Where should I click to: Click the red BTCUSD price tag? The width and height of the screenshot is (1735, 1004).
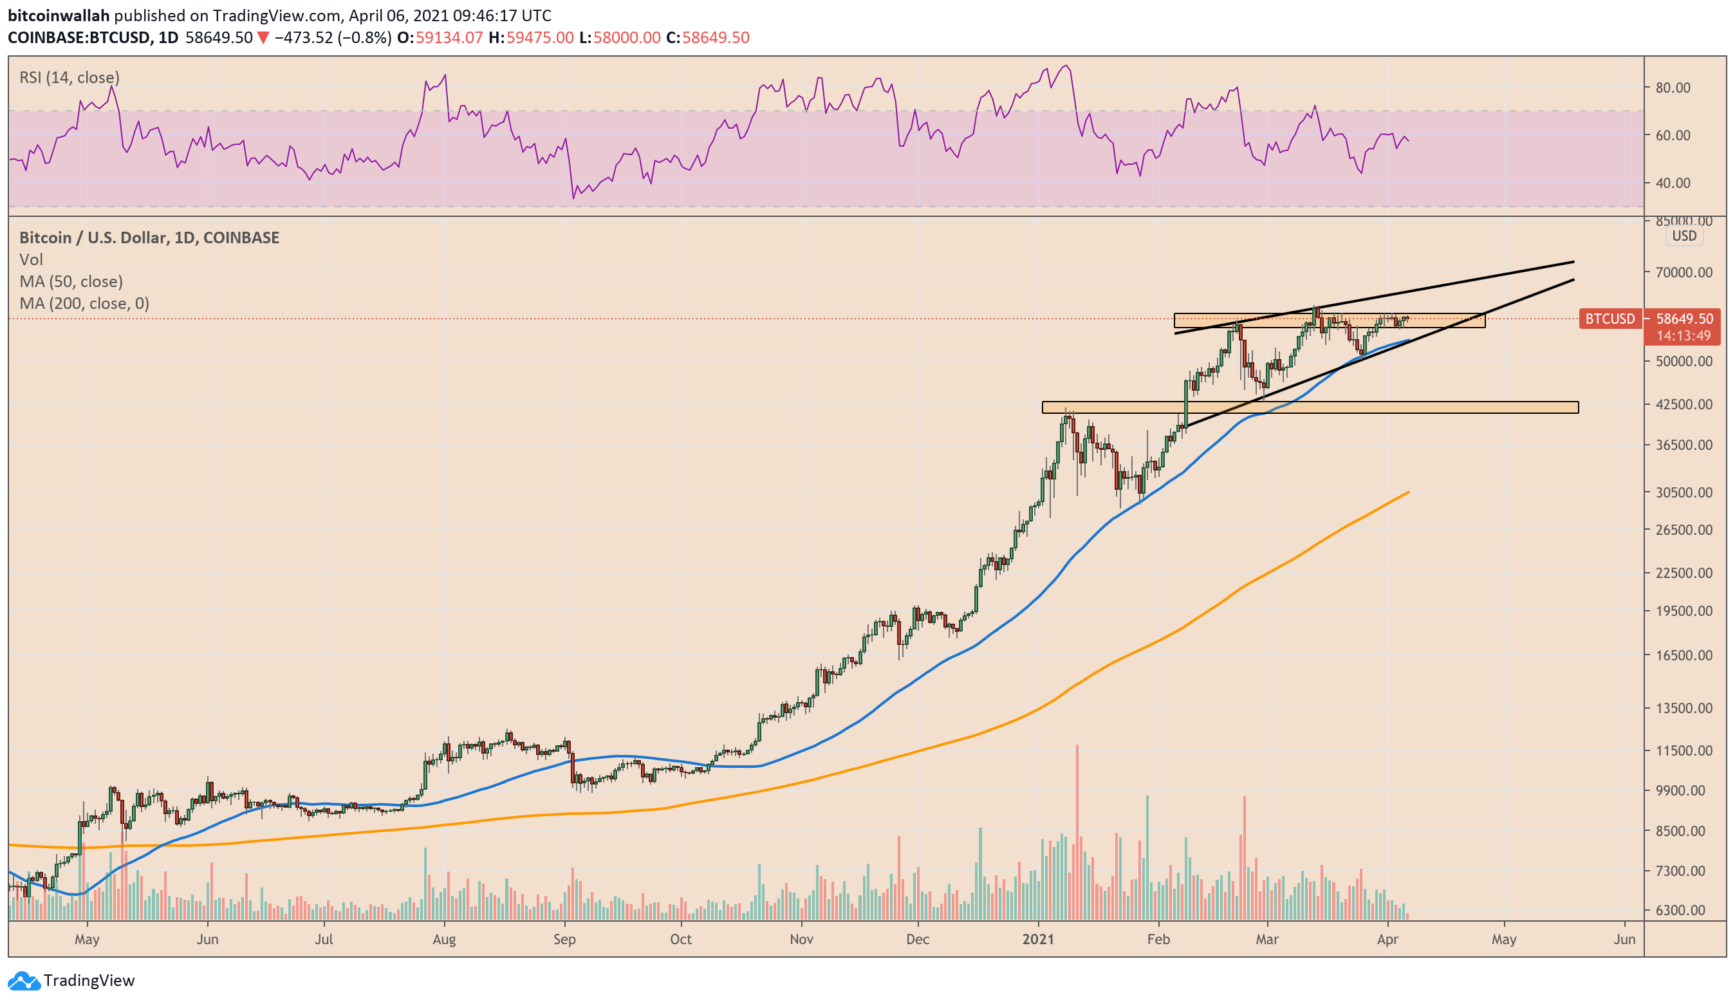(1610, 319)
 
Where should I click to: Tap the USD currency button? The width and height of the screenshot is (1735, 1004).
(1684, 236)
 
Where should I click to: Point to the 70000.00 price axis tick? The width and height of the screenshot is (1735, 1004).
(1684, 272)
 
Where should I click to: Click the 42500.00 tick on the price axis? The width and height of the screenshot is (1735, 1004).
(1684, 404)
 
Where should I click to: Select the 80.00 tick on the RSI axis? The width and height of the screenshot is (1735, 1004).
(1673, 88)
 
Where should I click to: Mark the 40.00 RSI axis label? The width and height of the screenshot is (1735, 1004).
(1673, 183)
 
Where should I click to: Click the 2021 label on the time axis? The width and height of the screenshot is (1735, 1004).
(1038, 939)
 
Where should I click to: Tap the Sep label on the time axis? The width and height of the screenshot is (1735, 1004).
(564, 939)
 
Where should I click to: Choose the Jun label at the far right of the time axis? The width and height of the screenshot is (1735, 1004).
(1625, 939)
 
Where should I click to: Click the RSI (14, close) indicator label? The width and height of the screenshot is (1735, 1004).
(70, 77)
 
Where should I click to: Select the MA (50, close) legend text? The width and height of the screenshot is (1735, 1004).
(71, 281)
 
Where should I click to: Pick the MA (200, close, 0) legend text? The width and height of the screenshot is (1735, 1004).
(84, 303)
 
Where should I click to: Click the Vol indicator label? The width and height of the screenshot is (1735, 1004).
(31, 259)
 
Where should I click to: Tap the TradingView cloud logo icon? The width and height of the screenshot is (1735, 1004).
(24, 981)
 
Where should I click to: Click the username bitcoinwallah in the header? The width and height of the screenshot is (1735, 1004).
(59, 15)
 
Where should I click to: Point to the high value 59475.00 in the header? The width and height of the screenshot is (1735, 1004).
(540, 37)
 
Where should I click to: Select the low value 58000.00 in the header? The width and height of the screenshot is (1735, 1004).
(627, 37)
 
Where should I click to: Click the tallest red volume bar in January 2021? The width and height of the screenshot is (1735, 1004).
(1077, 832)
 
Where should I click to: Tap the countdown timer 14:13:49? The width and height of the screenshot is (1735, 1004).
(1684, 336)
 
